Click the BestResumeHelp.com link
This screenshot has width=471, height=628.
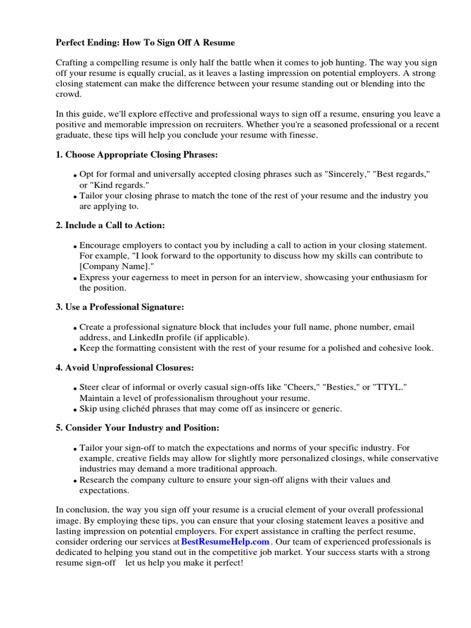tap(225, 542)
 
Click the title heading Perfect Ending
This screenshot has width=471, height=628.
tap(145, 42)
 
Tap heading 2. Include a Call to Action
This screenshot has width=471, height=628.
tap(110, 225)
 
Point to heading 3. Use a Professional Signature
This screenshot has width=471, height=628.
tap(120, 306)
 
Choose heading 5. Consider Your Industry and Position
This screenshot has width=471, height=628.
tap(137, 427)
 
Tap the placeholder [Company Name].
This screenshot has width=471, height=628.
tap(114, 266)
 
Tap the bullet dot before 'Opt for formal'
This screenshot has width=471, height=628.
tap(75, 176)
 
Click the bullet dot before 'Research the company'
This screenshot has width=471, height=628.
tap(75, 481)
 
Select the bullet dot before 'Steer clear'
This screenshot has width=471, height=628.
tap(75, 389)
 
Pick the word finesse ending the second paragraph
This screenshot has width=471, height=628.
tap(300, 135)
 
